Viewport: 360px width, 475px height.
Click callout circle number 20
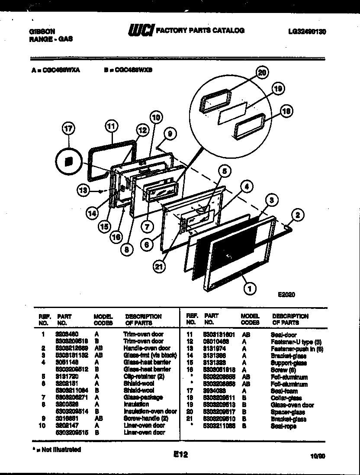[261, 73]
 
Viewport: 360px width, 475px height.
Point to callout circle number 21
[160, 266]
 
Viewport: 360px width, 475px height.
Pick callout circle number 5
[223, 171]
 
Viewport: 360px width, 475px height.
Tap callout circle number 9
[170, 134]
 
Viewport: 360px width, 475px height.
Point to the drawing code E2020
[286, 295]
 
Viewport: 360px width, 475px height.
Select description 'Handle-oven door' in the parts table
[147, 348]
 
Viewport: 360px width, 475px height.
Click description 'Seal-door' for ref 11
[283, 334]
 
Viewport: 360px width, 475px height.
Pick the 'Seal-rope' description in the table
[283, 426]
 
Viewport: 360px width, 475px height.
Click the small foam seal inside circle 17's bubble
[68, 161]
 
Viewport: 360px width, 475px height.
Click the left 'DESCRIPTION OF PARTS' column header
[143, 320]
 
